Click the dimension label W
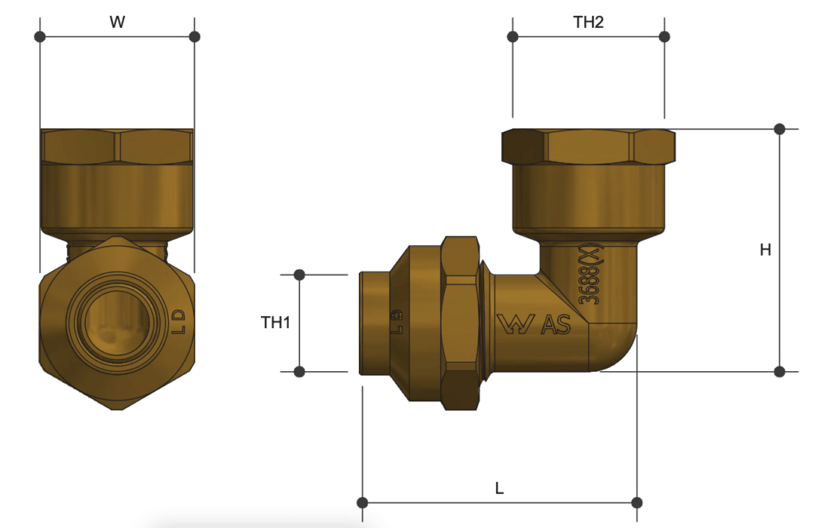click(x=117, y=22)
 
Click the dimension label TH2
click(x=588, y=22)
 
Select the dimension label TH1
click(x=275, y=323)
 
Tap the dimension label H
click(x=765, y=250)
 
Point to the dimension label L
click(x=499, y=488)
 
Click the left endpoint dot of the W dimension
click(x=40, y=37)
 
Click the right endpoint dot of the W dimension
click(x=194, y=37)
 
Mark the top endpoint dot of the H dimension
click(x=780, y=129)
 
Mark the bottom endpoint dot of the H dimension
click(x=780, y=371)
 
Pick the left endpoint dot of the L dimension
click(x=362, y=503)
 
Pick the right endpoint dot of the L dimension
click(x=637, y=503)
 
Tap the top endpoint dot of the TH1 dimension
click(x=299, y=275)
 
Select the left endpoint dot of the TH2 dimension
click(x=513, y=37)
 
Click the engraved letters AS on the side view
click(x=555, y=324)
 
